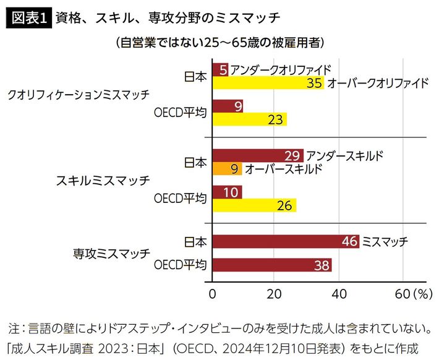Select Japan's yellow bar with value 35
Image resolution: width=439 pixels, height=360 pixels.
[x=267, y=83]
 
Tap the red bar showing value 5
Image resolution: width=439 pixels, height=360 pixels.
[x=219, y=69]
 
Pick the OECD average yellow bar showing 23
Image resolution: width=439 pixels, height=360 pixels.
[x=249, y=119]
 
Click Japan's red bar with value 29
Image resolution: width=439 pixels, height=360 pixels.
[x=257, y=155]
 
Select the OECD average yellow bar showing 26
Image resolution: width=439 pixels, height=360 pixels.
[x=254, y=205]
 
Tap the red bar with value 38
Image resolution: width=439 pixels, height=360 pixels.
[x=272, y=265]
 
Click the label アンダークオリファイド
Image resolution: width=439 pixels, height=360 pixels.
[x=281, y=69]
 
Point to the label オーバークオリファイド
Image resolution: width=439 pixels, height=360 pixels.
[x=377, y=83]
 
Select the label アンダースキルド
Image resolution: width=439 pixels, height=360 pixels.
[x=344, y=155]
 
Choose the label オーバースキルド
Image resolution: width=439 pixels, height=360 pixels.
[x=283, y=168]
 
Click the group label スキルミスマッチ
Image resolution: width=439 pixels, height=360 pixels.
[x=103, y=181]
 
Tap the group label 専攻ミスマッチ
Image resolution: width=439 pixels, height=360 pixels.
[x=112, y=254]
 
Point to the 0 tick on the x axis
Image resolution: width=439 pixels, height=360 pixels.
[x=213, y=293]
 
